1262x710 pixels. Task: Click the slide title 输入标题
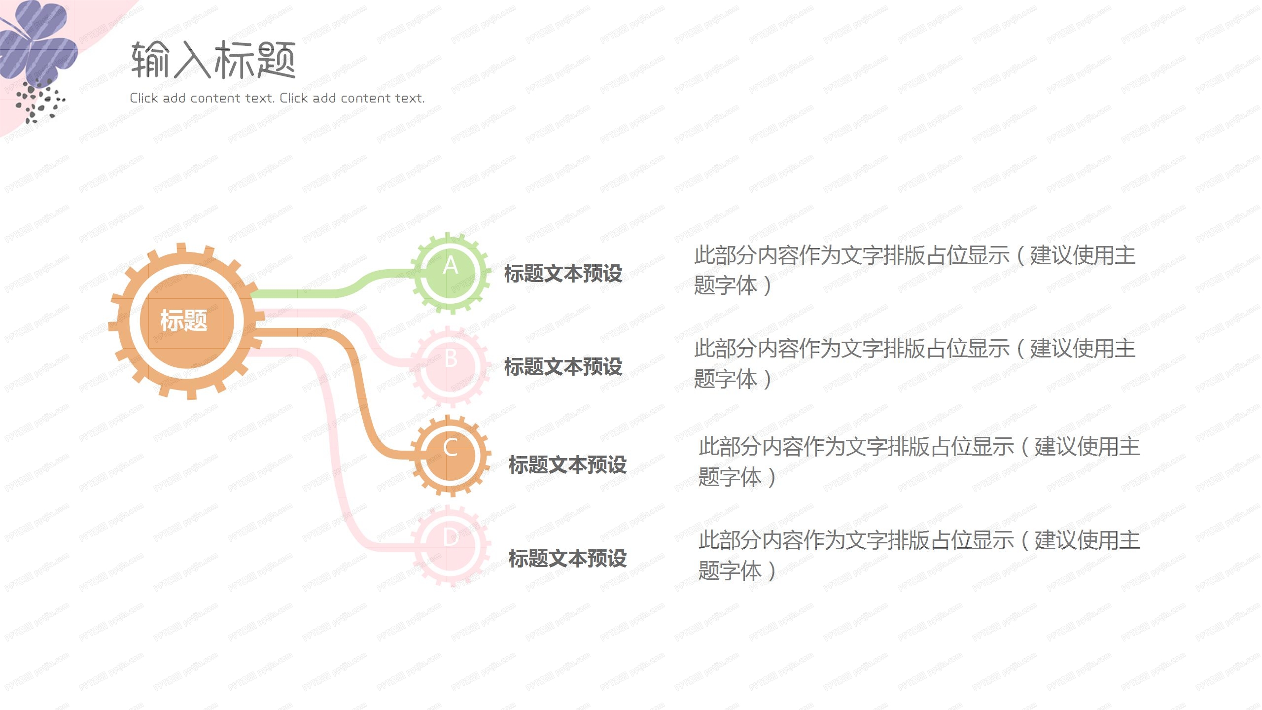pos(213,60)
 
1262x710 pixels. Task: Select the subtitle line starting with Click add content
pos(277,98)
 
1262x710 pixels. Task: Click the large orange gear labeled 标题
pos(186,321)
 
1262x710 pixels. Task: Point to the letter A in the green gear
pos(450,266)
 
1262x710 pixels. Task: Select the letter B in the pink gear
pos(451,359)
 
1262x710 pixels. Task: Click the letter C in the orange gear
pos(450,449)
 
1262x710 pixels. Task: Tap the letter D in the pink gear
pos(451,538)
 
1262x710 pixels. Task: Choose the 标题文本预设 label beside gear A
pos(563,274)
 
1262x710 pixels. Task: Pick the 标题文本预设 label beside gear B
pos(563,367)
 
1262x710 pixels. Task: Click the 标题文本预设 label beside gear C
pos(567,465)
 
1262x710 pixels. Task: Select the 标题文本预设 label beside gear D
pos(567,559)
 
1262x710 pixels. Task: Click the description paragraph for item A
pos(914,270)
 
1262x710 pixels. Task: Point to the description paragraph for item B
pos(914,363)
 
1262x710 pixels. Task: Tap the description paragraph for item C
pos(919,461)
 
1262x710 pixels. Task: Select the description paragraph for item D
pos(919,555)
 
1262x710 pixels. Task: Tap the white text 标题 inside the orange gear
pos(183,320)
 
